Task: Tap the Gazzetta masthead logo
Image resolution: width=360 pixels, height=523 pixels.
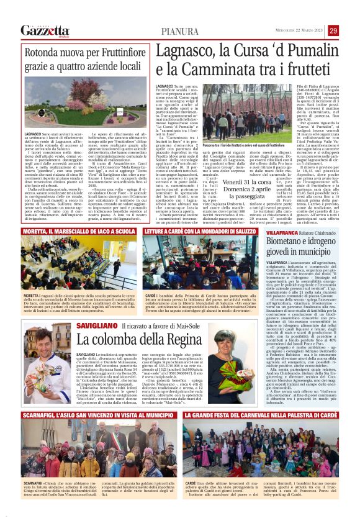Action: [45, 30]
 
